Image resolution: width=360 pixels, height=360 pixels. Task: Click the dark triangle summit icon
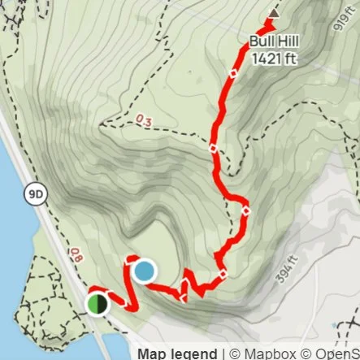coord(274,14)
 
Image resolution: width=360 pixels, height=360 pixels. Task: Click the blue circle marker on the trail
coord(143,271)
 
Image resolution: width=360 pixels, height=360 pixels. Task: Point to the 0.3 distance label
coord(144,121)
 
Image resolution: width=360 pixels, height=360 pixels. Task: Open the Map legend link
coord(176,353)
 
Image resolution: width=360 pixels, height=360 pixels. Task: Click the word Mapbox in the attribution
coord(263,353)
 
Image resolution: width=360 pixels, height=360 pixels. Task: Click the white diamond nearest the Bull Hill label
coord(233,74)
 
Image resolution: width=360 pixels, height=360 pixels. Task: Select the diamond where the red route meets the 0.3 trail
coord(213,149)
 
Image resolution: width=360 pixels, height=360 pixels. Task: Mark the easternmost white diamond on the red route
coord(245,213)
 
